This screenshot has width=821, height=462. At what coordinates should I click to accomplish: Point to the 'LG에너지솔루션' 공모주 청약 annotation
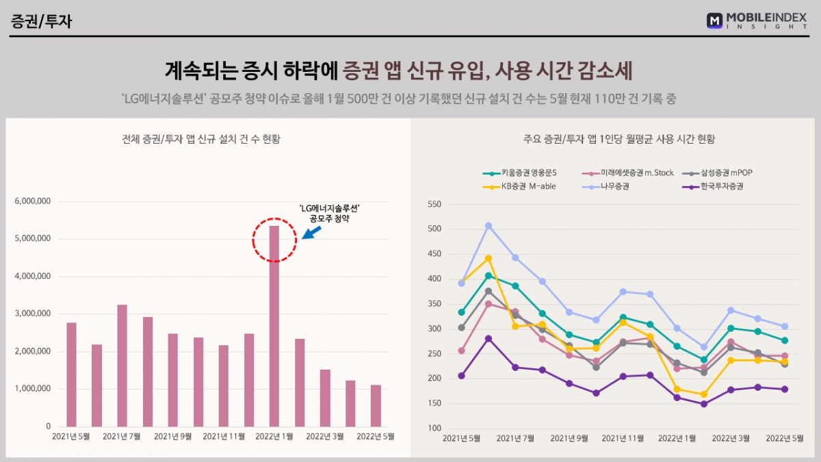click(x=330, y=213)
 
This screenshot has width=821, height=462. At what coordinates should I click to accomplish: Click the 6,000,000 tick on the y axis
click(x=32, y=201)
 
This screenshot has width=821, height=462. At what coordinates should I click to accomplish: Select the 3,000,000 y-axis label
click(x=32, y=313)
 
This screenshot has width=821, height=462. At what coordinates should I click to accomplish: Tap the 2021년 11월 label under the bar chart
click(x=224, y=436)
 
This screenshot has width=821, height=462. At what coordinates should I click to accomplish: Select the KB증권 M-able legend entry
click(x=523, y=185)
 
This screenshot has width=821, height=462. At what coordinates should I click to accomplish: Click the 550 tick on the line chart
click(x=434, y=204)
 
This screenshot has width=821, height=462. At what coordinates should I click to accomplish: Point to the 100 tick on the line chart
click(x=434, y=428)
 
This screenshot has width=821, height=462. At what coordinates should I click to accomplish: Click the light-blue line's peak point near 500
click(x=488, y=225)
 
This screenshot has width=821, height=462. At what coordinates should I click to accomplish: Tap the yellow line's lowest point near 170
click(x=703, y=394)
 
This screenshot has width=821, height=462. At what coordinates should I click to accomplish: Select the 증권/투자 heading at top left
click(x=42, y=21)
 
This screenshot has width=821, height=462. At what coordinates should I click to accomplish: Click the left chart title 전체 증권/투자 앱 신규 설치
click(x=200, y=139)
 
